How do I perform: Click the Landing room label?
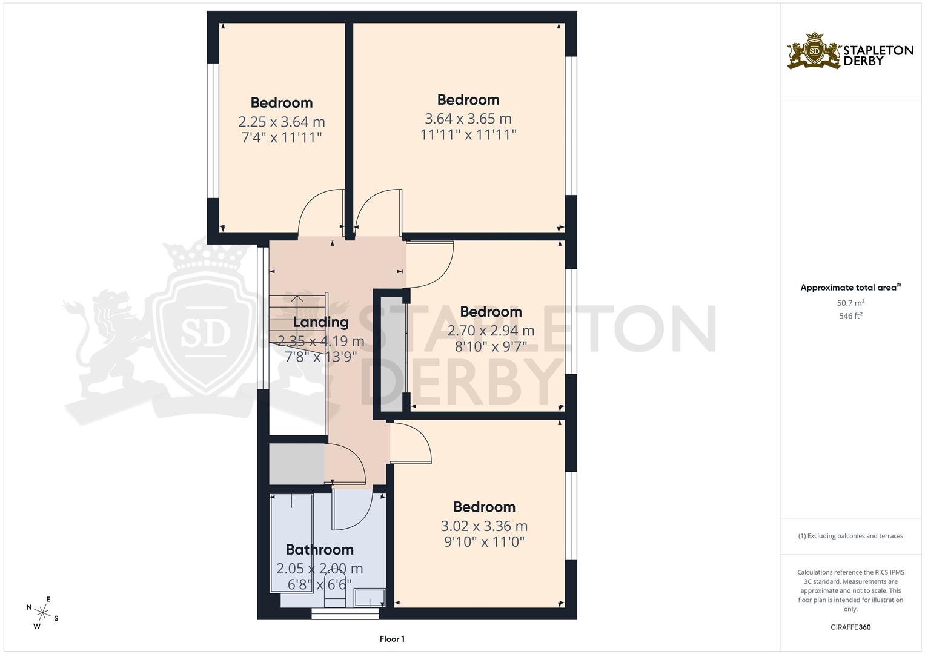tap(320, 322)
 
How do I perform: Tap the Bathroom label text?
tap(319, 550)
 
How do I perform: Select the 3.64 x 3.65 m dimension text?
tap(468, 119)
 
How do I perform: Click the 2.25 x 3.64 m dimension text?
tap(282, 122)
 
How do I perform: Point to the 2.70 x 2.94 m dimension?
tap(491, 331)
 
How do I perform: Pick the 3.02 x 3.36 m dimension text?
tap(484, 526)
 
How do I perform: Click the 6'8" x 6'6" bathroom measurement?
tap(319, 584)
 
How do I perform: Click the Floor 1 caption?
tap(392, 639)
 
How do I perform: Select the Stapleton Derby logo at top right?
tap(850, 51)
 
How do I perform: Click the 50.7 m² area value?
tap(850, 302)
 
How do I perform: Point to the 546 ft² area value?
tap(850, 315)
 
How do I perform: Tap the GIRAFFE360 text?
tap(850, 627)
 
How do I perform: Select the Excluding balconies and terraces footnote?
tap(850, 536)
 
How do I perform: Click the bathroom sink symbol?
tap(369, 598)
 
